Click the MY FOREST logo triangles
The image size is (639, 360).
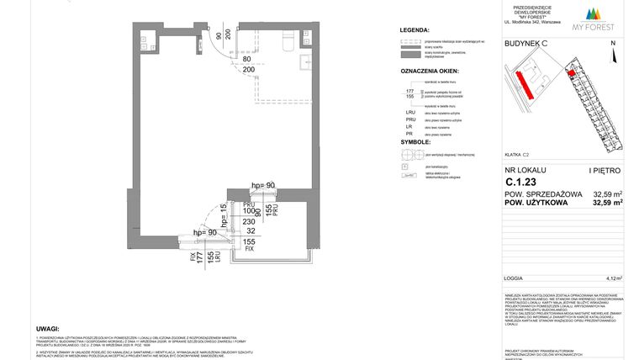[x=597, y=13]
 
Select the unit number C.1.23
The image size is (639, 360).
[x=520, y=181]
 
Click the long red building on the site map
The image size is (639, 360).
[x=523, y=84]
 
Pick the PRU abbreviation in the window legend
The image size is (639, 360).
[x=410, y=122]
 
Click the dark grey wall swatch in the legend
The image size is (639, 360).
[x=409, y=53]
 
